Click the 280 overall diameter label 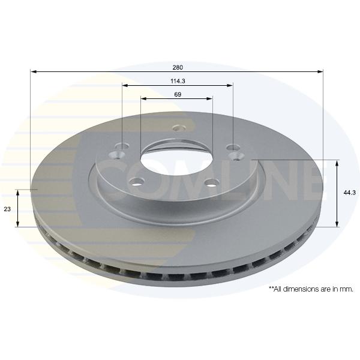pyautogui.click(x=178, y=67)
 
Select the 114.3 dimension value pyautogui.click(x=178, y=81)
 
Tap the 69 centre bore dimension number pyautogui.click(x=178, y=94)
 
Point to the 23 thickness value pyautogui.click(x=7, y=209)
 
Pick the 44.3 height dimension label pyautogui.click(x=349, y=193)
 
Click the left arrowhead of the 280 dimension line pyautogui.click(x=34, y=72)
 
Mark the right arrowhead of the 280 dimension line pyautogui.click(x=320, y=72)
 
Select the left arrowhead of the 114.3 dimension pyautogui.click(x=125, y=85)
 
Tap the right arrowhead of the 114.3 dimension pyautogui.click(x=230, y=85)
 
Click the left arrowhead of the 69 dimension pyautogui.click(x=144, y=99)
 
